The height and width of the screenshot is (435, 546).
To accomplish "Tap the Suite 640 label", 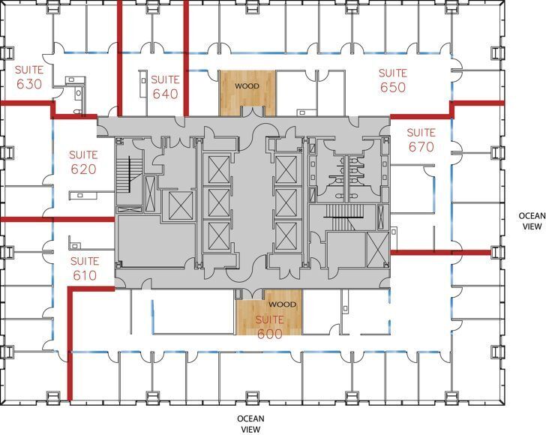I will [164, 86].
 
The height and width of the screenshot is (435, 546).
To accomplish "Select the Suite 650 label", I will [391, 80].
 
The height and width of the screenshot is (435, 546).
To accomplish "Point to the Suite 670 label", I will [421, 139].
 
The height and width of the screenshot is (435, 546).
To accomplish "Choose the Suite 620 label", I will [83, 162].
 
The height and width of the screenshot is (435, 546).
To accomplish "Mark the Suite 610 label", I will [83, 268].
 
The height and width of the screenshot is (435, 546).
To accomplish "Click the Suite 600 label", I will [269, 327].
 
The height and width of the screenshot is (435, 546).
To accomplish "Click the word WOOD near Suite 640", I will [247, 86].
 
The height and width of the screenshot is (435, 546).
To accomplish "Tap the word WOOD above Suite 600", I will [282, 304].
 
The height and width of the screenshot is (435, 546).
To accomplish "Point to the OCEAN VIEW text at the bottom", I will [250, 424].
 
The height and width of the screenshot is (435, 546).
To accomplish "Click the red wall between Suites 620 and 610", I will [56, 219].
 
